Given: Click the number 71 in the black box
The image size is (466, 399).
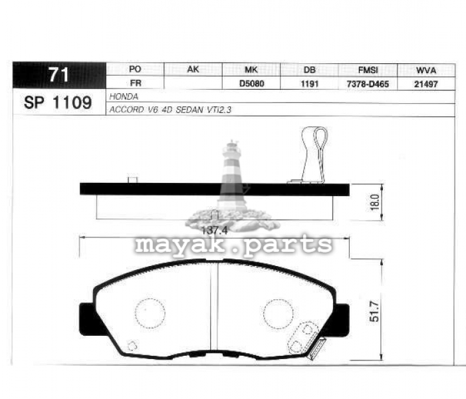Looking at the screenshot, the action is pos(59,74).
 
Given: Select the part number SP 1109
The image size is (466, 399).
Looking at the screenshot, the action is pos(58,102).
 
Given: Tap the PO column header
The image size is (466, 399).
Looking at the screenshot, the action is pos(135,69).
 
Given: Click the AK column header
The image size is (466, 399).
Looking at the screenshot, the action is pos(193,69).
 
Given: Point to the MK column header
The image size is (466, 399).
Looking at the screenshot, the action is pos(251,70).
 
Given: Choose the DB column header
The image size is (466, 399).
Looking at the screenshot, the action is pos(309,70).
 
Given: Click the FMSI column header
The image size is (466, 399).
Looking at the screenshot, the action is pos(368,70).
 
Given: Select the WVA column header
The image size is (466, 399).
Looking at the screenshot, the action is pos(426,70).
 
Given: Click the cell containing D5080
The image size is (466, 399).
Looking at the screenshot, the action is pos(251,84).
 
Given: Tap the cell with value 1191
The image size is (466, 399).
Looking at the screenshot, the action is pos(309,84).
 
